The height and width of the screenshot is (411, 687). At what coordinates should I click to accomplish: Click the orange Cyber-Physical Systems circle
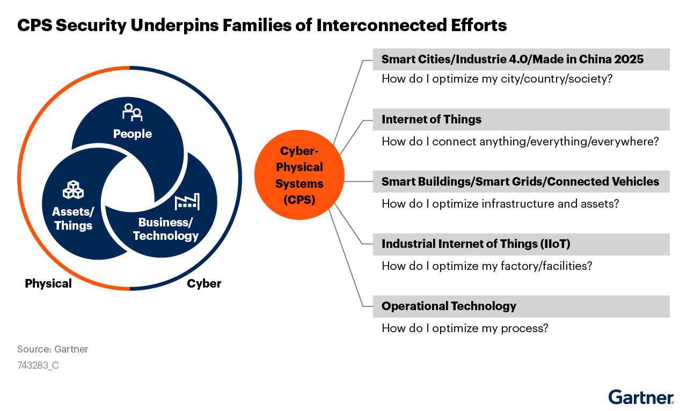[299, 175]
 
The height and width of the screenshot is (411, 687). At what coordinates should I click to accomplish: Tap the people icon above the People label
[132, 112]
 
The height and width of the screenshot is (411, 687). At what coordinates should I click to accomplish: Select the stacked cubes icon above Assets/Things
[73, 189]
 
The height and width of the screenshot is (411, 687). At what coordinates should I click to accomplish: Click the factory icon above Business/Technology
[187, 202]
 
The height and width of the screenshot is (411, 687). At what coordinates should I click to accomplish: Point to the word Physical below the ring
[48, 283]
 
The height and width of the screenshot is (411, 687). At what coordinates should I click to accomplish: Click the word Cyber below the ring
[204, 283]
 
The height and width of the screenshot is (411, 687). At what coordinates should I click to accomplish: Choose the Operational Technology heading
[449, 306]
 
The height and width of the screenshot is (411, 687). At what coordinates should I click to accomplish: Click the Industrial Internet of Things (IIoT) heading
[476, 244]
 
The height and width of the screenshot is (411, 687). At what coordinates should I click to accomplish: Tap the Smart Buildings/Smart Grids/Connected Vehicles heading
[520, 181]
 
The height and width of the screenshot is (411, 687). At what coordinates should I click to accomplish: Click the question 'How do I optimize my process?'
[465, 328]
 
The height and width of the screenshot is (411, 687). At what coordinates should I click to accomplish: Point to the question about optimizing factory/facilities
[487, 266]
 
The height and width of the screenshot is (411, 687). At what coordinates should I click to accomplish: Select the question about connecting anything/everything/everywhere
[520, 142]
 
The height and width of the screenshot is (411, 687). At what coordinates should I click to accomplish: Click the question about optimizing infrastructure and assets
[500, 204]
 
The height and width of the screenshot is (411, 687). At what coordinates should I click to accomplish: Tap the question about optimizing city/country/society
[497, 79]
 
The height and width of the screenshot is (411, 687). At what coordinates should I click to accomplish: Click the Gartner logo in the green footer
[641, 397]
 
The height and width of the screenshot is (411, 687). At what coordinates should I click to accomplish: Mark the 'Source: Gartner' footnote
[53, 349]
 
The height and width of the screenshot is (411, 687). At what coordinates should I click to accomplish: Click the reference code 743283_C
[38, 365]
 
